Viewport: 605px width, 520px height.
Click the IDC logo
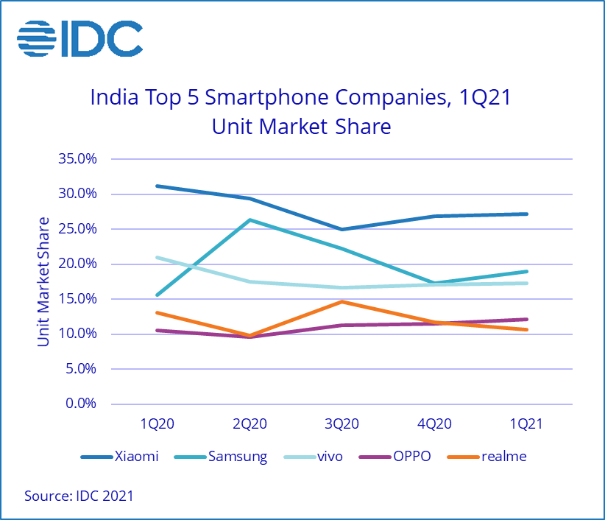(x=79, y=38)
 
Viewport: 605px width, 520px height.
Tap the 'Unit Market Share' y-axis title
(x=43, y=281)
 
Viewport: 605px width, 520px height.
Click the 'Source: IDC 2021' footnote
(x=79, y=496)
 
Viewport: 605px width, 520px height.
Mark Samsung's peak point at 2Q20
(x=250, y=219)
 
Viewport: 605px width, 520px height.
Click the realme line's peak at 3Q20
(x=342, y=301)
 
